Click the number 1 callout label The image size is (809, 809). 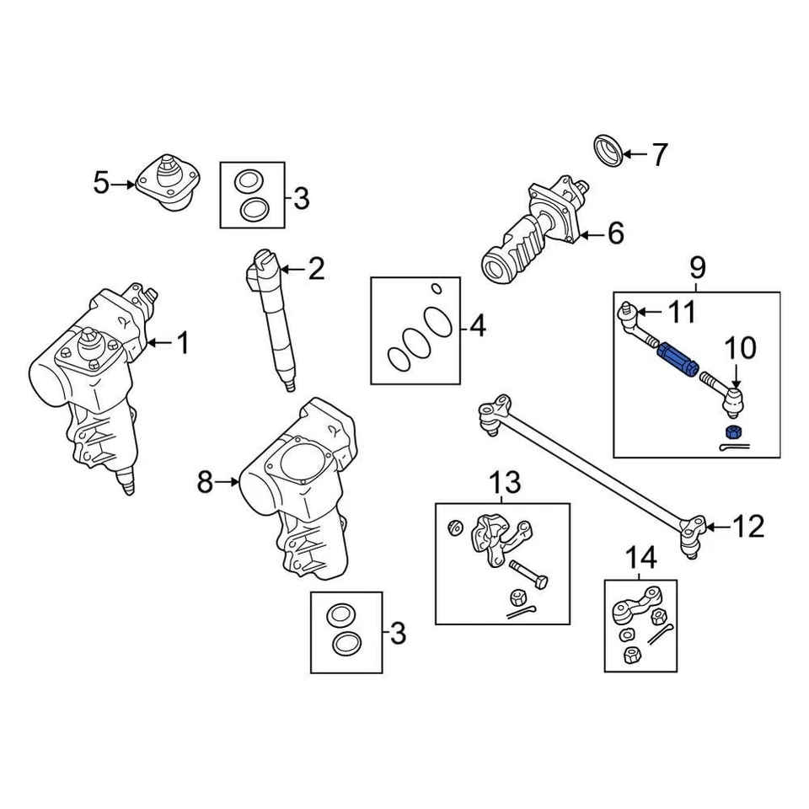[x=182, y=343]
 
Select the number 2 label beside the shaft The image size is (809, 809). [x=315, y=270]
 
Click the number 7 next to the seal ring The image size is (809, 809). [x=659, y=155]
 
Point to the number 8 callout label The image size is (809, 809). [x=205, y=483]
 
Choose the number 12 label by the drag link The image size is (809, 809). [x=747, y=528]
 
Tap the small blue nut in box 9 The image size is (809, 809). [x=731, y=432]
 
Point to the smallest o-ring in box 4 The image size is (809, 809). [x=436, y=289]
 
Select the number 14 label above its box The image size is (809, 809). [x=640, y=557]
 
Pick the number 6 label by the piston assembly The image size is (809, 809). [x=615, y=233]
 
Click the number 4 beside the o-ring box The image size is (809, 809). [x=477, y=325]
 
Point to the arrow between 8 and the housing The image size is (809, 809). [x=228, y=483]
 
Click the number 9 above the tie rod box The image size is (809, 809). [x=697, y=269]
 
